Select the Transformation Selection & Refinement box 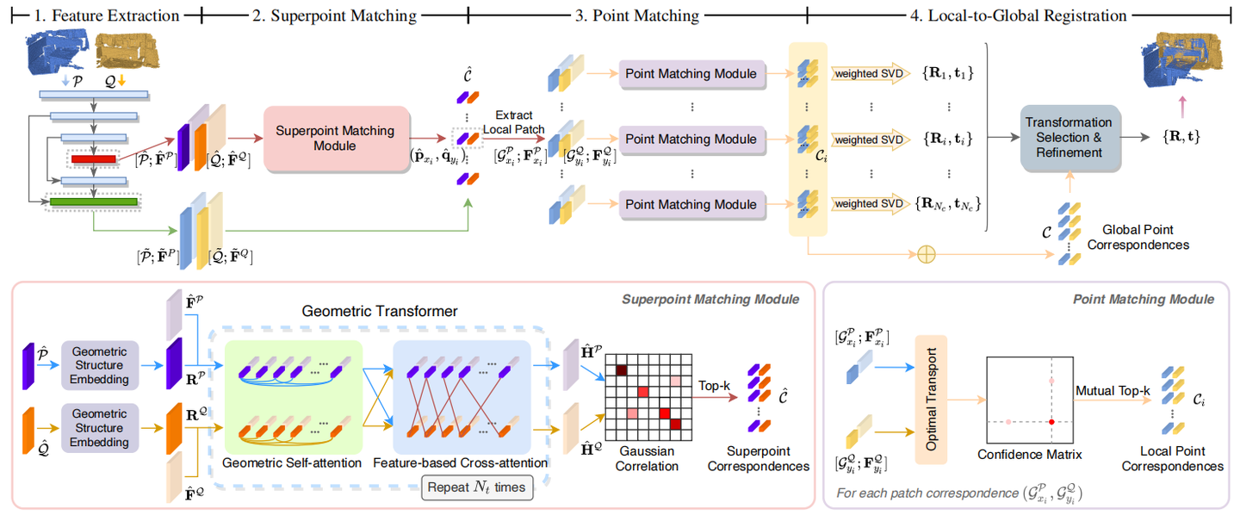pos(1069,138)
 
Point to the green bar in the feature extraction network pos(94,202)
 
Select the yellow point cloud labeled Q pos(126,49)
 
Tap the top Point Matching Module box pos(691,74)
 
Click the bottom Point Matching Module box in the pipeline pos(691,204)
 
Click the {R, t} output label pos(1181,137)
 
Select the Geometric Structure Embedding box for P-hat pos(99,364)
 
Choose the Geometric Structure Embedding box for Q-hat pos(99,428)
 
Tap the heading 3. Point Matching pos(637,16)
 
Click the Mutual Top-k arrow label pos(1112,391)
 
